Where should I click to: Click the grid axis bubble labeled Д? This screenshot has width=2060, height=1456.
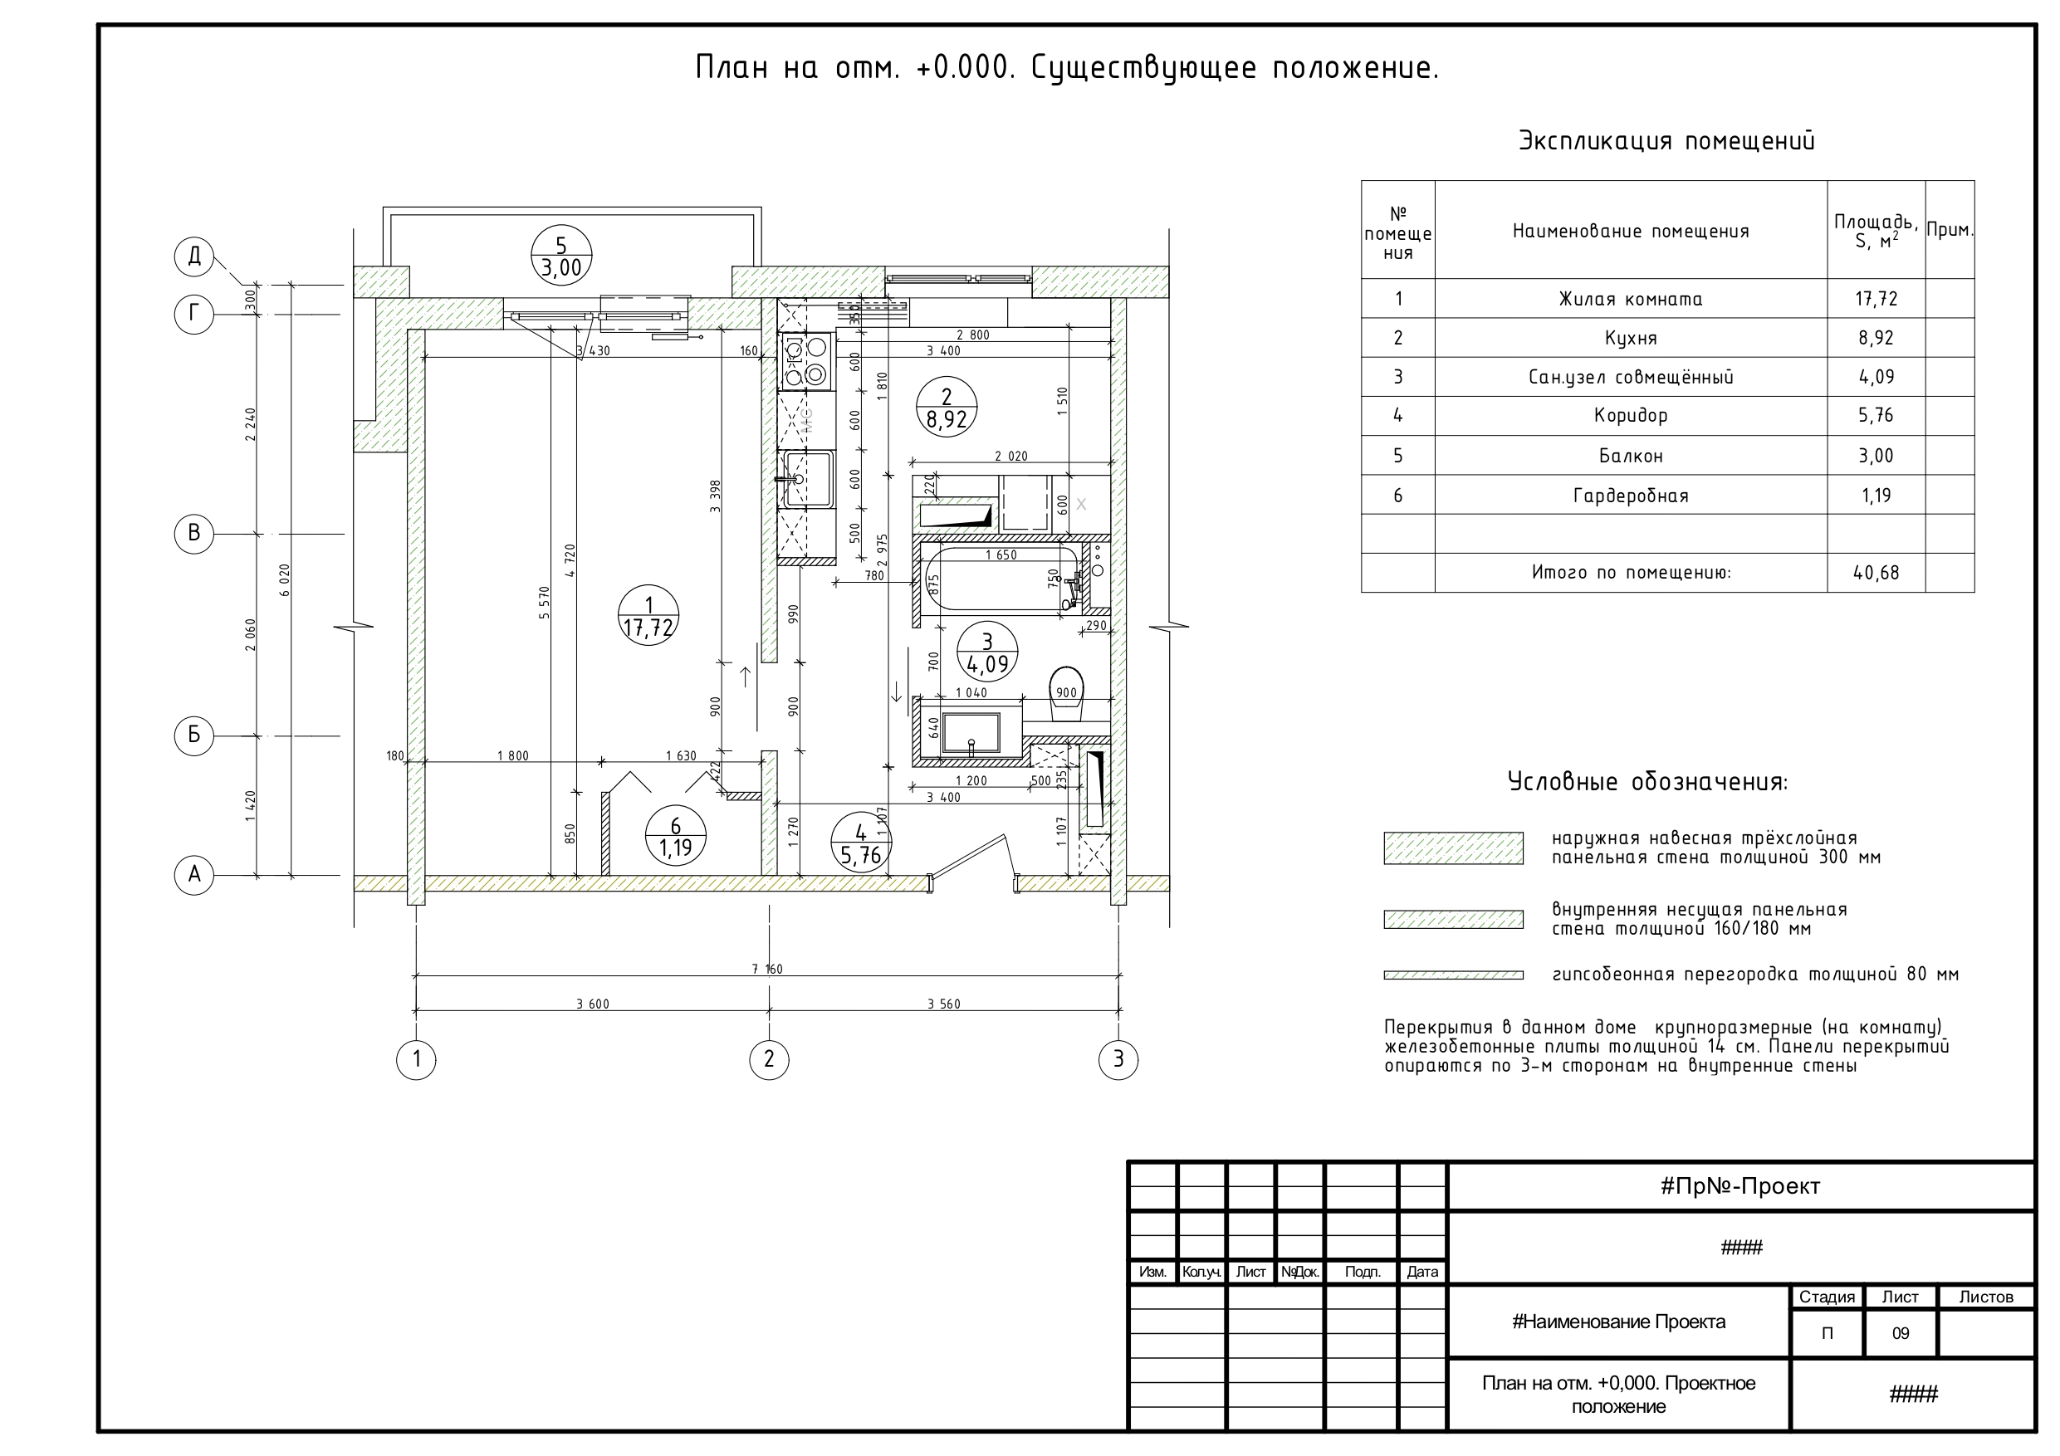tap(193, 257)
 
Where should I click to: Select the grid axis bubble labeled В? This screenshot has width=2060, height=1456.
tap(193, 534)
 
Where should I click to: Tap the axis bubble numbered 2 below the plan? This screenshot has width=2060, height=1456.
tap(769, 1059)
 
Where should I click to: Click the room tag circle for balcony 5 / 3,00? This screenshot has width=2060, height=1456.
tap(561, 256)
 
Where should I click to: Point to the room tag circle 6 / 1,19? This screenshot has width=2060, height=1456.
tap(676, 837)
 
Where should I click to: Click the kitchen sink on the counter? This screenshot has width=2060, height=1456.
tap(805, 479)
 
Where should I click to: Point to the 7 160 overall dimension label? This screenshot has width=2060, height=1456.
tap(767, 969)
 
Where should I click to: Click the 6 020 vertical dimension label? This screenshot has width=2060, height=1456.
tap(286, 579)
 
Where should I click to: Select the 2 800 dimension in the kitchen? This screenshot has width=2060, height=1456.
tap(972, 335)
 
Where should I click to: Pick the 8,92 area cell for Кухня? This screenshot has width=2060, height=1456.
tap(1876, 338)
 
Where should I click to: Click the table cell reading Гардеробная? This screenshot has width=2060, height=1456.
tap(1630, 496)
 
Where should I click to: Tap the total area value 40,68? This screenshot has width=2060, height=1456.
tap(1876, 572)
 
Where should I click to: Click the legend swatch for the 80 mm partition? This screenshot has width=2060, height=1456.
tap(1454, 975)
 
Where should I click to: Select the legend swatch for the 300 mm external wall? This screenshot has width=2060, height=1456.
tap(1454, 848)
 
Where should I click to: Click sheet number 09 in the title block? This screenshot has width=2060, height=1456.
tap(1901, 1334)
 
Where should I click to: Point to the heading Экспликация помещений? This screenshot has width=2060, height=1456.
tap(1666, 141)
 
